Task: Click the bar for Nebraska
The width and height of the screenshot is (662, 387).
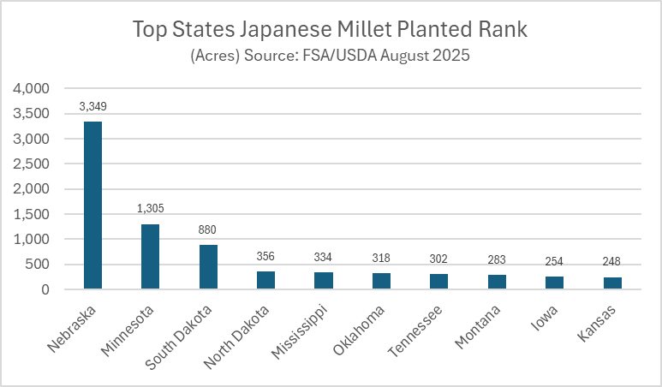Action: [x=92, y=205]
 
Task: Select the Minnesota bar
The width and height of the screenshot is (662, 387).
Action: [x=151, y=257]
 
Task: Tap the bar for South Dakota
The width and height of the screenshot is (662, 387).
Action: [x=208, y=267]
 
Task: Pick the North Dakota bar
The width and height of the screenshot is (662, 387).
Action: [x=266, y=280]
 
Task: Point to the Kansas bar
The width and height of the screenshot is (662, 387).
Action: [x=611, y=283]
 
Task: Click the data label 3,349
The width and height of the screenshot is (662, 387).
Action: [x=92, y=107]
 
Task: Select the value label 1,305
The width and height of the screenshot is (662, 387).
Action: [x=151, y=209]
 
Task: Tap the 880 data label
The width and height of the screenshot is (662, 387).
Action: [x=208, y=230]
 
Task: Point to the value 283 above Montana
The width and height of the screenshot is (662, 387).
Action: [x=497, y=259]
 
